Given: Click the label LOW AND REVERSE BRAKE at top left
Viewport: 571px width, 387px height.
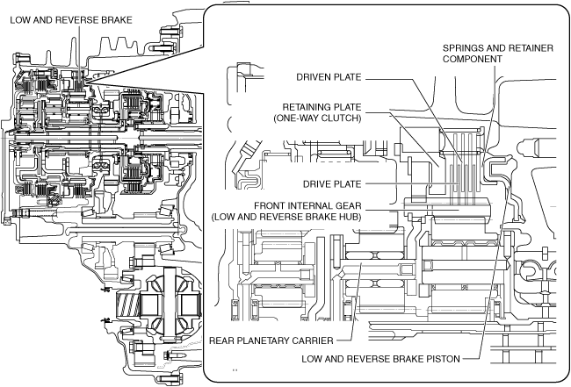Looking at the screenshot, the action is (x=71, y=20).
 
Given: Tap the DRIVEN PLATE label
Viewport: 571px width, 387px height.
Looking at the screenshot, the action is (x=329, y=77).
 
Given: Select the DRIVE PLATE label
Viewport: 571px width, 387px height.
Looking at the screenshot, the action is (x=332, y=184).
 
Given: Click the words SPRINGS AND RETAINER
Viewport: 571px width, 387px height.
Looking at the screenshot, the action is (x=498, y=48).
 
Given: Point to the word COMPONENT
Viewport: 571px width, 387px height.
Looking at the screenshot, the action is (x=473, y=59).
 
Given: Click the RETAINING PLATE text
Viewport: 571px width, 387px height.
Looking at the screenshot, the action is (x=322, y=107).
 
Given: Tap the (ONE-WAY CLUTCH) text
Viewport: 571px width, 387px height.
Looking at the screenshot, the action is (x=317, y=118).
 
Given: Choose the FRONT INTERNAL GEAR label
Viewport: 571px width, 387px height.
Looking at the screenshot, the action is (x=307, y=206).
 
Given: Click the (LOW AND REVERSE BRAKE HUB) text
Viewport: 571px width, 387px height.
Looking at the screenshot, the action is (x=286, y=217).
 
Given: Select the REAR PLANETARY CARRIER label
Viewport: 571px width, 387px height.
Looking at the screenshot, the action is (x=271, y=340).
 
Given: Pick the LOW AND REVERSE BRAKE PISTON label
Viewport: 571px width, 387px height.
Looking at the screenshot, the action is (x=380, y=359).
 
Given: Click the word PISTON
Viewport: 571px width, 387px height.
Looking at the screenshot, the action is (x=443, y=359).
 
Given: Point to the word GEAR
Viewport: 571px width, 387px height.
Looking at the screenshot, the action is (x=349, y=206).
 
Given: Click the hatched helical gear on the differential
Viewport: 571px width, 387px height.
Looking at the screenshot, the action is (x=127, y=305).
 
